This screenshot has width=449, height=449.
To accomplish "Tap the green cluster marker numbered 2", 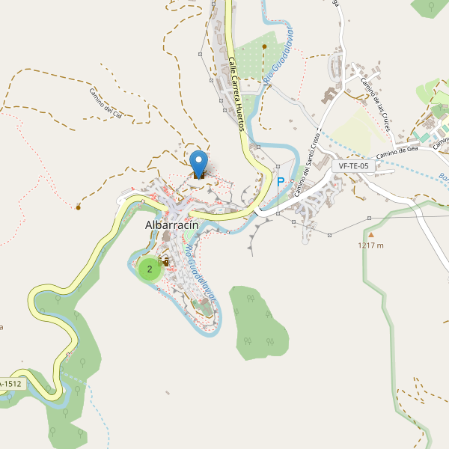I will tap(150, 269).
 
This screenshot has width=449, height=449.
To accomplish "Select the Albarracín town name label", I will tap(177, 226).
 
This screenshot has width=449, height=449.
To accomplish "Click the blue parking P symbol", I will tap(281, 182).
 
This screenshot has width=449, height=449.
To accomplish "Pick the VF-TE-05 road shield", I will tap(354, 166).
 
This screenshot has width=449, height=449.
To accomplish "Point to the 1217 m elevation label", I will tap(370, 245).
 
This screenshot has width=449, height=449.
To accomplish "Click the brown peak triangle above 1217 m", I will tap(370, 235).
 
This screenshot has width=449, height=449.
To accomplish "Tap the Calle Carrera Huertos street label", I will tap(236, 94).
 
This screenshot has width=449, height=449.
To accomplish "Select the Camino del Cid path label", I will tap(110, 103).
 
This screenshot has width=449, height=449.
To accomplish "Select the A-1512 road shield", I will tap(12, 384).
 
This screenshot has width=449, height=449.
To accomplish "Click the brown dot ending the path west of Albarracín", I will tap(78, 206).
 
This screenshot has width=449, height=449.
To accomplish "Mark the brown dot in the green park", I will tap(264, 46).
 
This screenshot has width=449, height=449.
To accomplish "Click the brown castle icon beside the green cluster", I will tap(165, 261).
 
